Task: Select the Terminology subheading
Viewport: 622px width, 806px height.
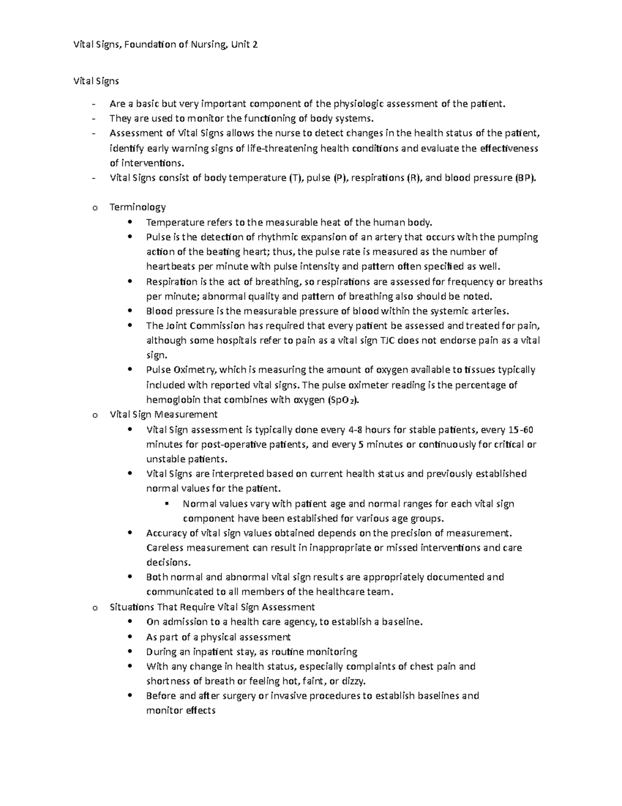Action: [x=137, y=208]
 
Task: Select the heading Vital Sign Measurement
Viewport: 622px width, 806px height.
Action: [x=163, y=415]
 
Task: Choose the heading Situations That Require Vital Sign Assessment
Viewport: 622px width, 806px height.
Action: [x=212, y=607]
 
